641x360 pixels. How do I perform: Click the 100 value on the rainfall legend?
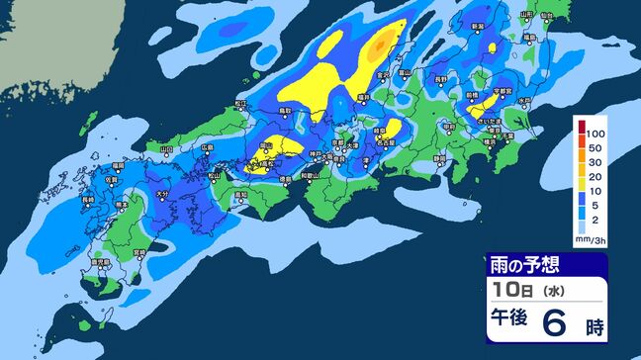(x=596, y=132)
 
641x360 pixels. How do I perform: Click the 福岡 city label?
(x=118, y=164)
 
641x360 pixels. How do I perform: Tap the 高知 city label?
(x=241, y=195)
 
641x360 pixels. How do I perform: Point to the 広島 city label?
(x=208, y=147)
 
